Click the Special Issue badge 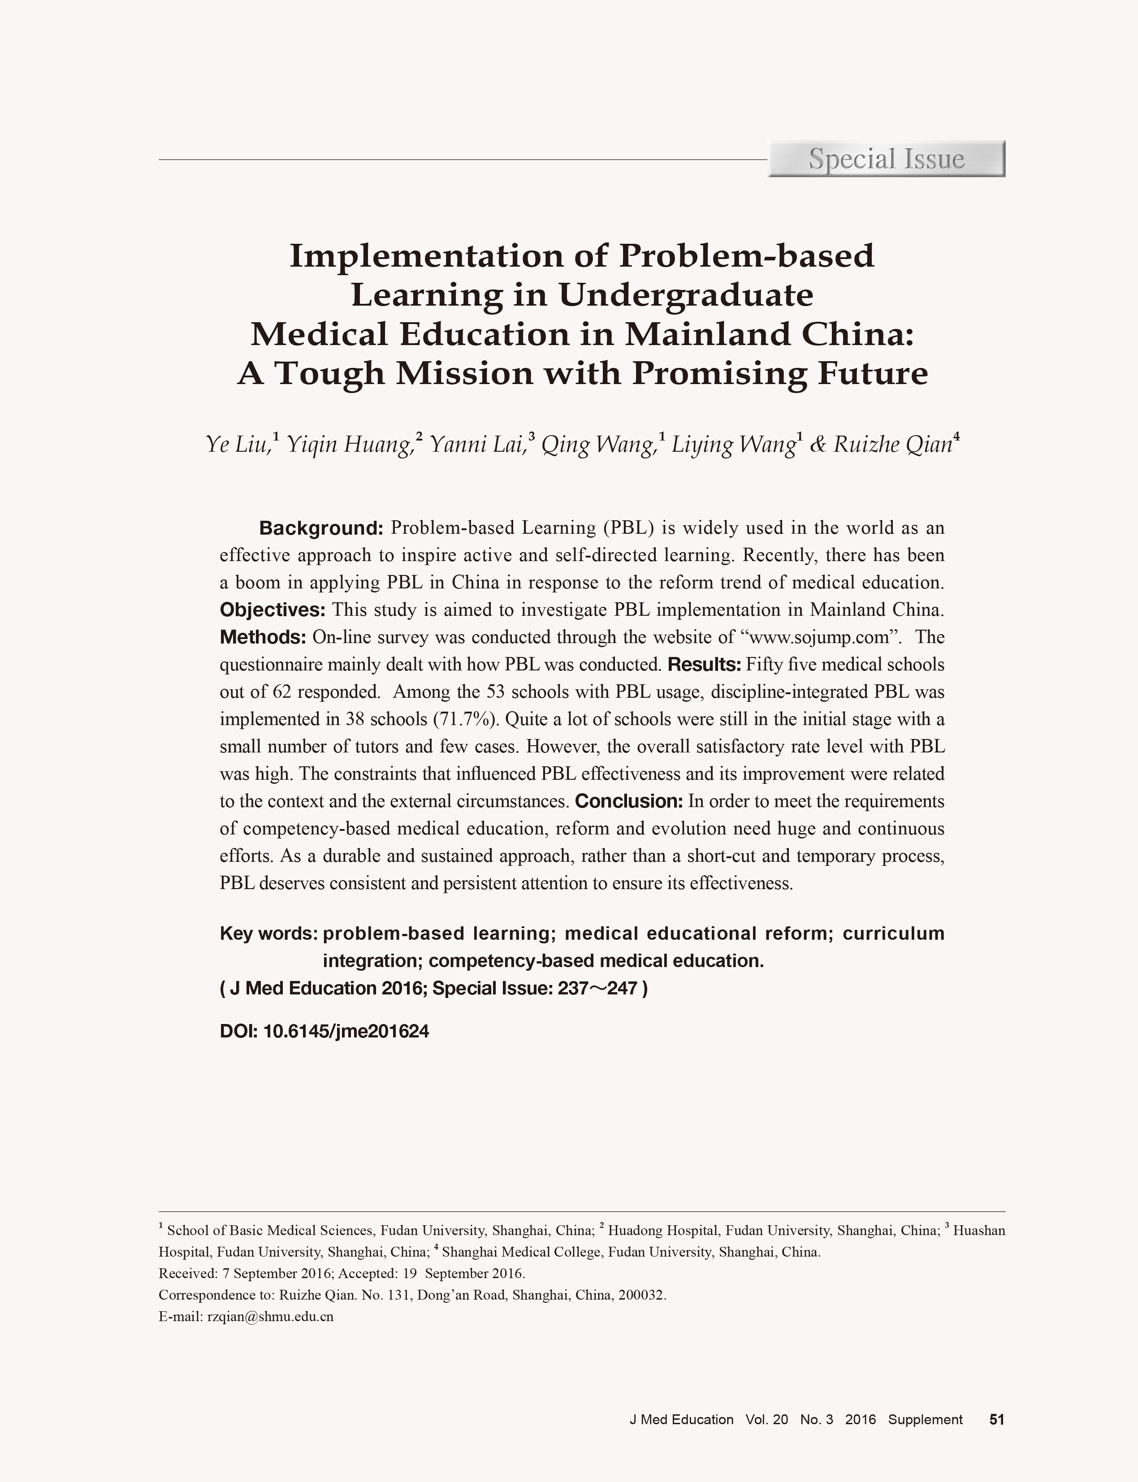(886, 159)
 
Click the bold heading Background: (322, 527)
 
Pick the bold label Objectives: (273, 609)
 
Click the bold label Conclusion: (628, 801)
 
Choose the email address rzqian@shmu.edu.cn (270, 1317)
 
